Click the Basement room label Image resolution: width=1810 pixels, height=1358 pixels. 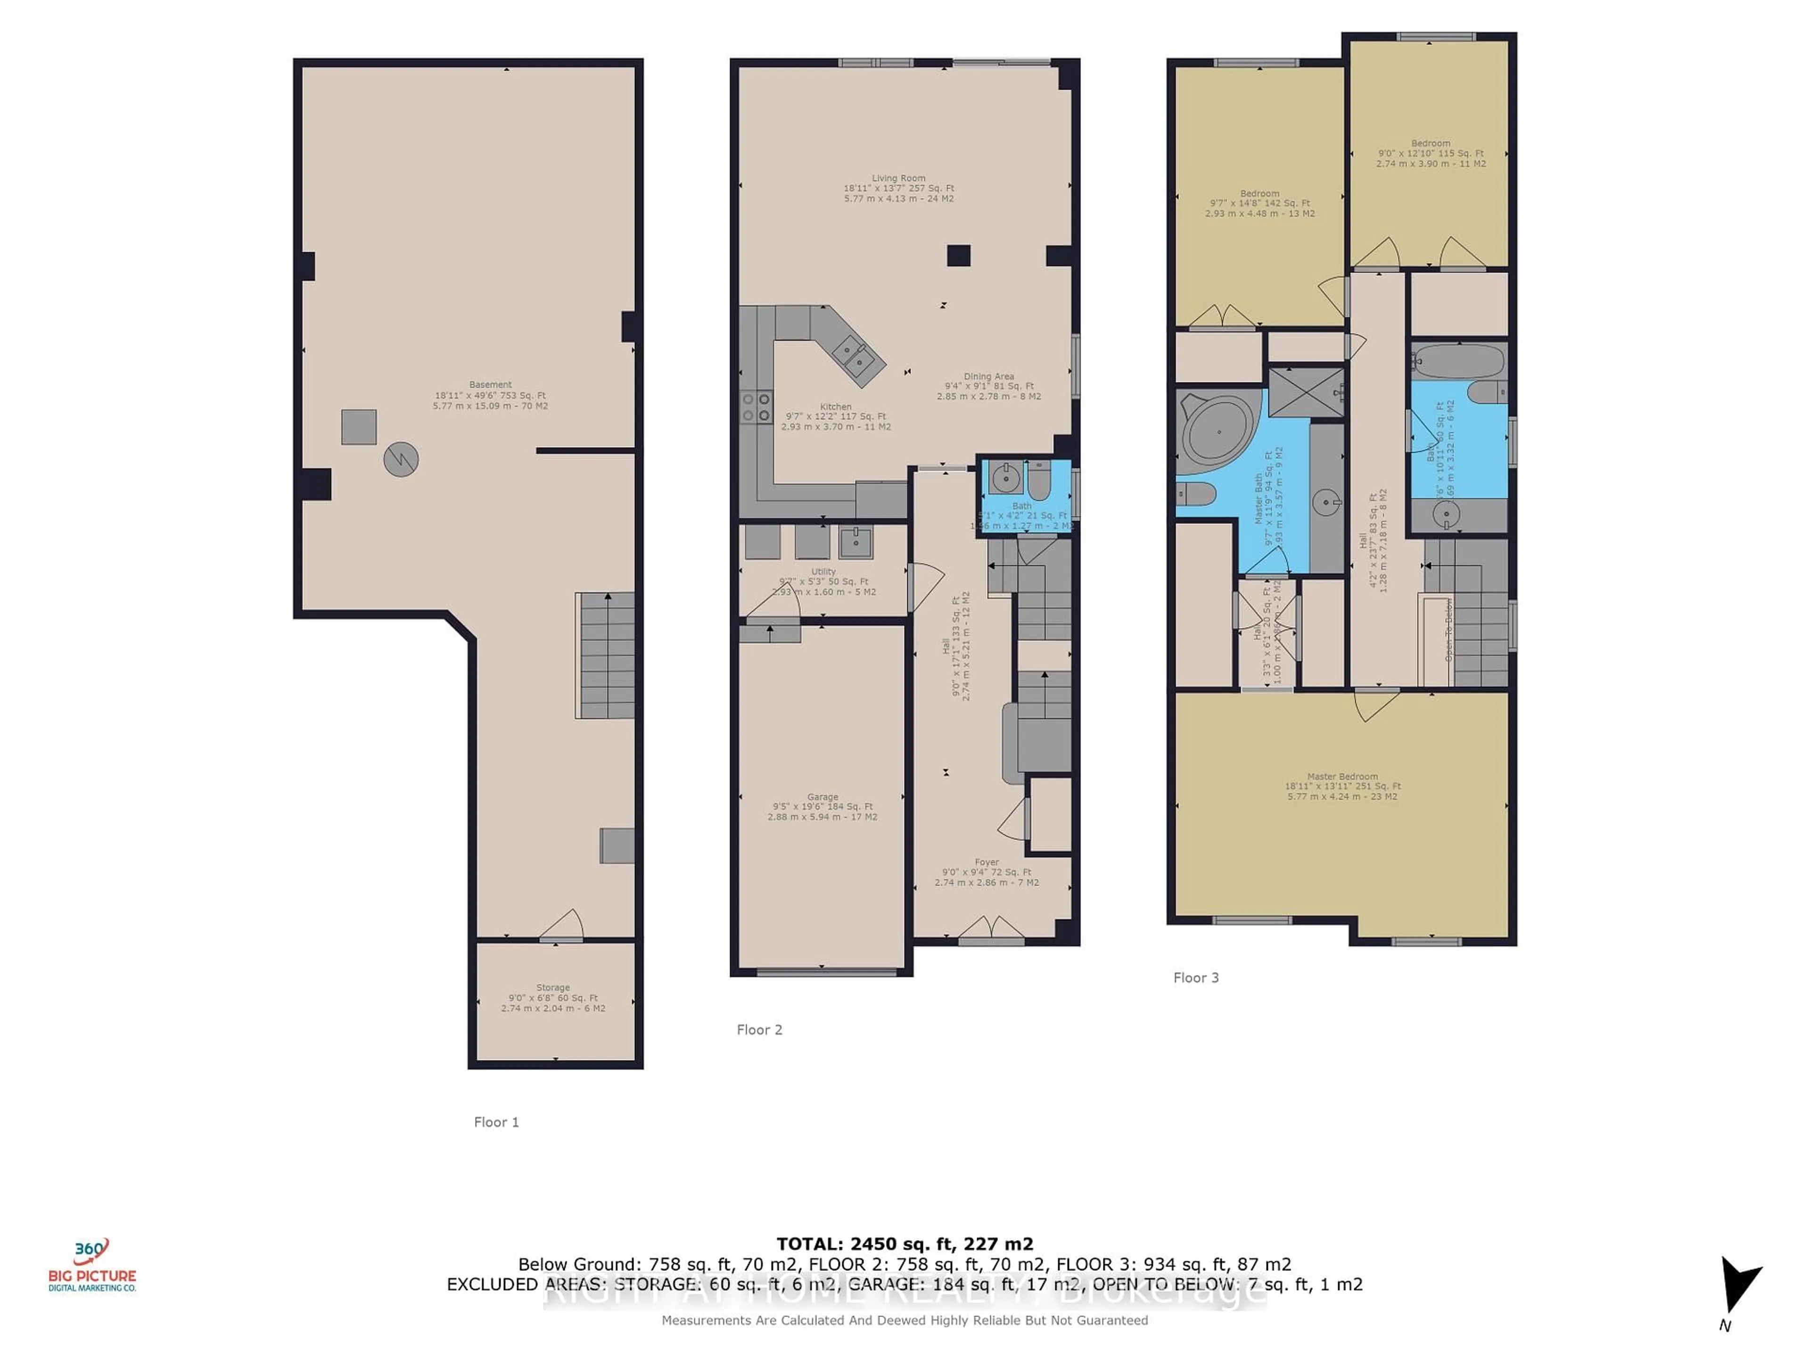490,385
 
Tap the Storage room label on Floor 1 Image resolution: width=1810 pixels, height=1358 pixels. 553,988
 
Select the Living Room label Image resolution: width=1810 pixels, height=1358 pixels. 898,178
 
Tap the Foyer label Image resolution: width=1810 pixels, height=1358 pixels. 987,862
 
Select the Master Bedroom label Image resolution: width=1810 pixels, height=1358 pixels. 1342,777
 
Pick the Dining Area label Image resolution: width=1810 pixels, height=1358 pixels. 988,377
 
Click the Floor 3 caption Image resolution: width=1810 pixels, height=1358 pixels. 1195,977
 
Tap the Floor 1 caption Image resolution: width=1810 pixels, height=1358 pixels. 496,1122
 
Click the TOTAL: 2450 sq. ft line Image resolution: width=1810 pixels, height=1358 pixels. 904,1245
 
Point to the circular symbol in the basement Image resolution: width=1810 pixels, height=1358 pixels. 401,459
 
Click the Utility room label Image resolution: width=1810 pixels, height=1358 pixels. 823,571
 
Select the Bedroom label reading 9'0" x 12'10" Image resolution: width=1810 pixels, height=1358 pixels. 1431,143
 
